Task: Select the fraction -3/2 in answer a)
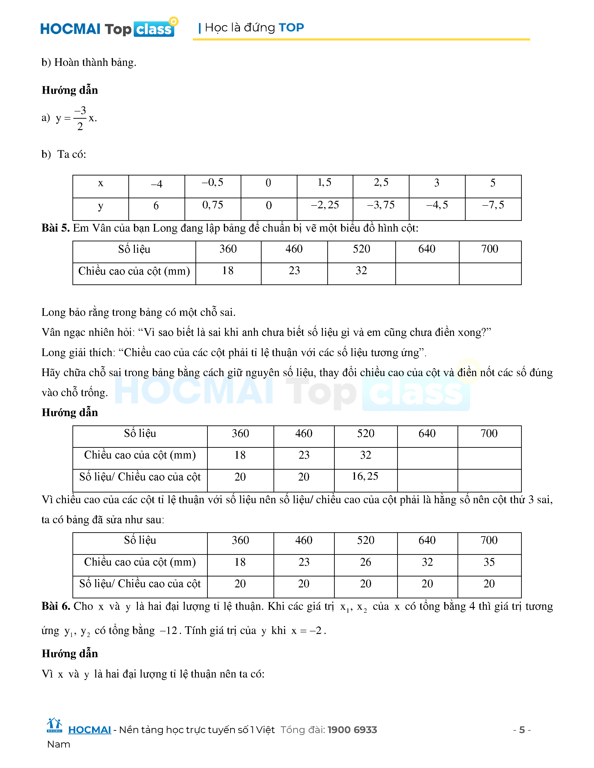coord(80,118)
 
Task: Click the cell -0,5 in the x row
coord(212,182)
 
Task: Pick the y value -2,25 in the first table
coord(325,205)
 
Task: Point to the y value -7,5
coord(493,205)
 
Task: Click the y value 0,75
coord(212,205)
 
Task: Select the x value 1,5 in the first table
coord(324,182)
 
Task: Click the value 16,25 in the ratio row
coord(365,476)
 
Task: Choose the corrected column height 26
coord(365,562)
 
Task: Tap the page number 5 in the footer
coord(522,730)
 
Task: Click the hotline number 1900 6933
coord(352,730)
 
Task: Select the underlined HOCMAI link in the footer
coord(89,730)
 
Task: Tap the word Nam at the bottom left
coord(58,744)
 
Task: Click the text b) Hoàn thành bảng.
coord(89,63)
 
